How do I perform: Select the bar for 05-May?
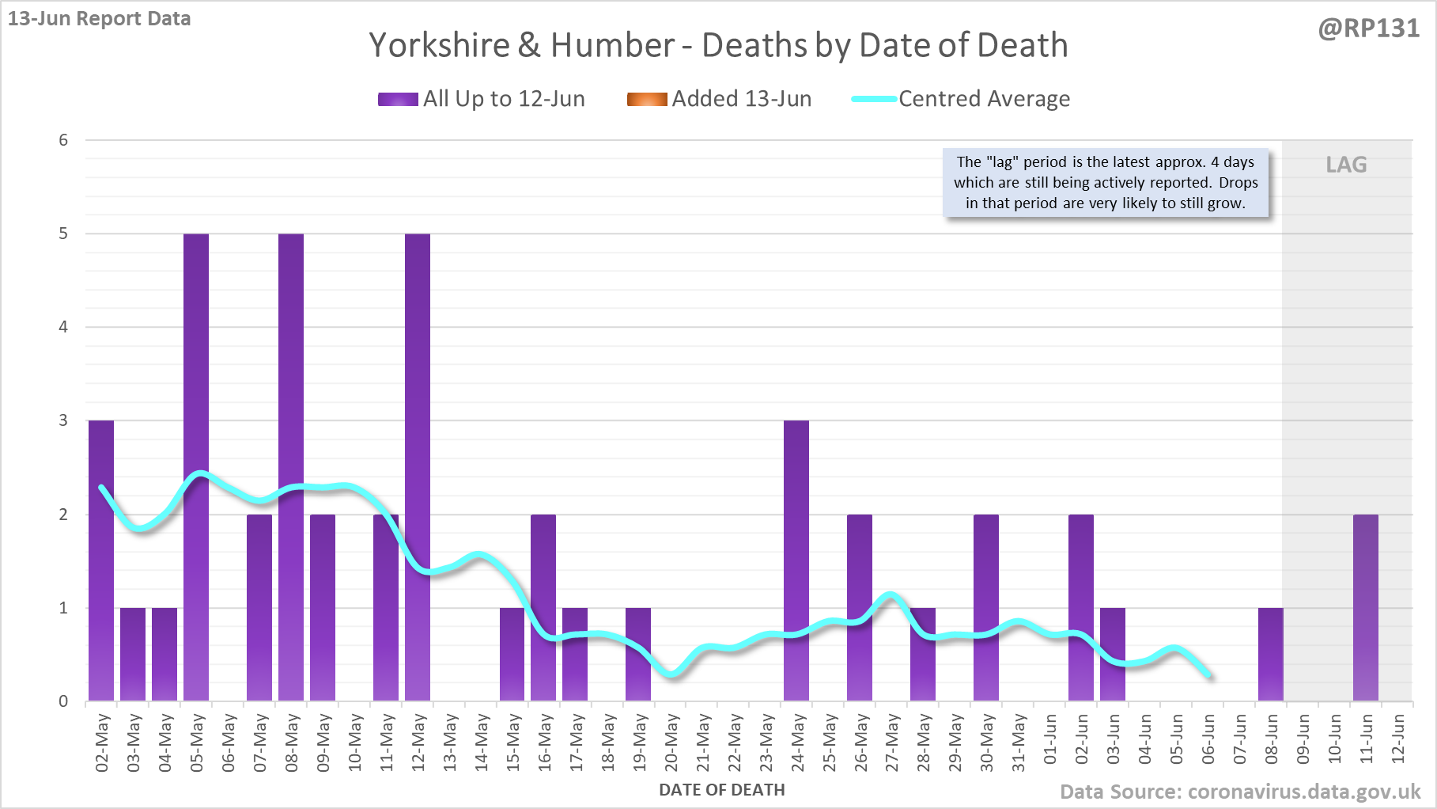click(196, 467)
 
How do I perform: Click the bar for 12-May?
click(418, 467)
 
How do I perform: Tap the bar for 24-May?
click(796, 560)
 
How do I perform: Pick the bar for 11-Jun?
click(1365, 607)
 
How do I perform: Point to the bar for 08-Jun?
click(1270, 654)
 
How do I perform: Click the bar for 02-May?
click(101, 560)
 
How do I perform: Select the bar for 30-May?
click(986, 607)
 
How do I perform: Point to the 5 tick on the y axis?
click(63, 234)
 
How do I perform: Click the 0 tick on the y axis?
click(63, 701)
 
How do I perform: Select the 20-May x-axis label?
click(671, 742)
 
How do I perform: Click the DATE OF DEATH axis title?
click(721, 790)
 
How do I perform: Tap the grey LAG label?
click(1346, 165)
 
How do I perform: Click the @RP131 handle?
click(1368, 28)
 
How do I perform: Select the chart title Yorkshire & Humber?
click(718, 45)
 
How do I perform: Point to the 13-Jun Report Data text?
click(100, 18)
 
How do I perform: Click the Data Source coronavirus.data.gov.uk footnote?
click(1239, 792)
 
